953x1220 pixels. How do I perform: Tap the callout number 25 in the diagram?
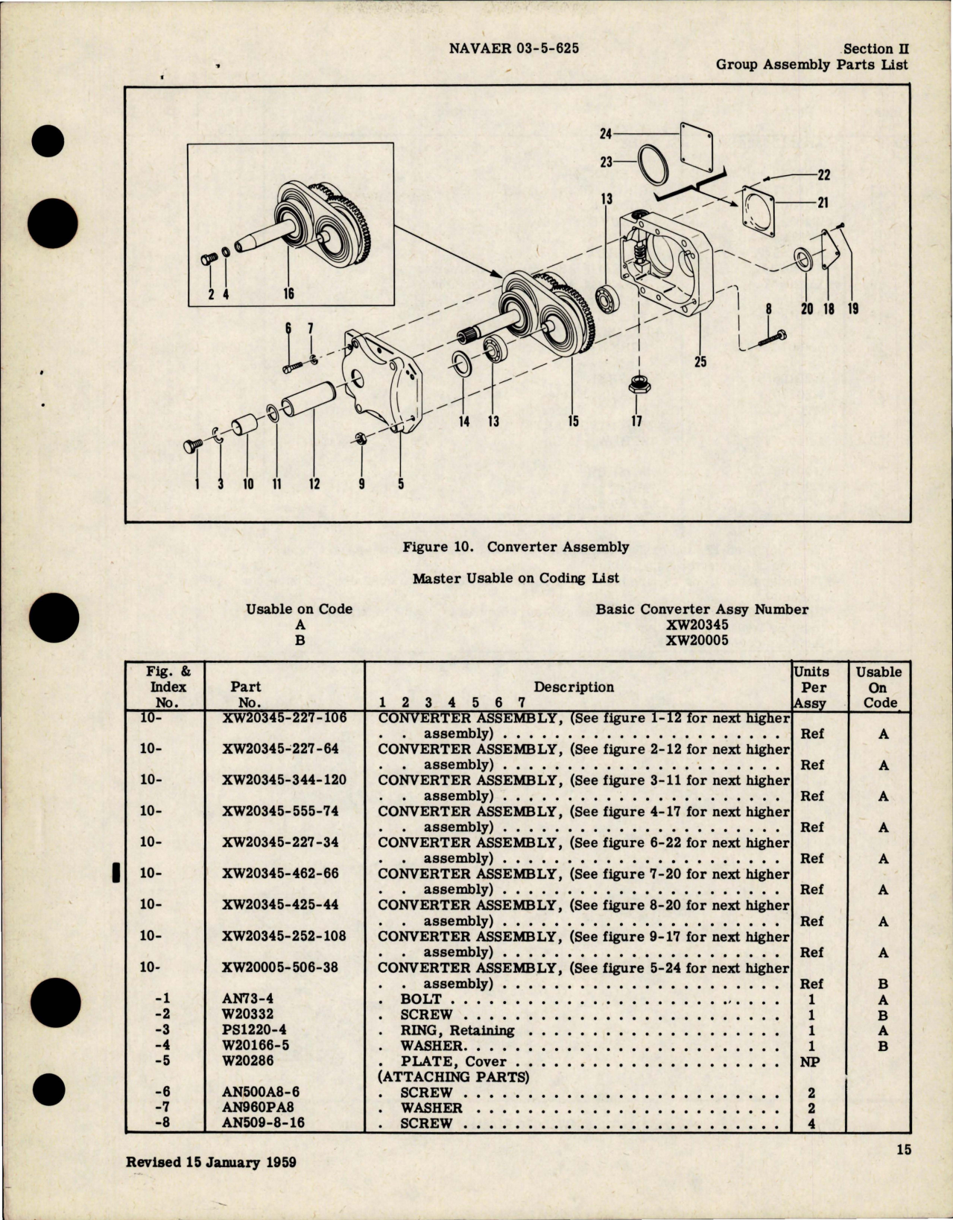(700, 362)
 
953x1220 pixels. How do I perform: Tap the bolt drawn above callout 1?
(196, 448)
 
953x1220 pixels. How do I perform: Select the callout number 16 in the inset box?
(288, 293)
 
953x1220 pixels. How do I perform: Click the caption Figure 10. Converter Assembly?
(516, 547)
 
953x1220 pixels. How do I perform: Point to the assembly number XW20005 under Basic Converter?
(697, 641)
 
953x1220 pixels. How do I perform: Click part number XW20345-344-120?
(283, 781)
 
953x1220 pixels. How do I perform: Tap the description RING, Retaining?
(457, 1031)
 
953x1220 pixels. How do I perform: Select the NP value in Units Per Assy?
(810, 1062)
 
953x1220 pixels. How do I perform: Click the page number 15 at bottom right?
(903, 1171)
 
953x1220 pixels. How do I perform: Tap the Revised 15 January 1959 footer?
(212, 1182)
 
